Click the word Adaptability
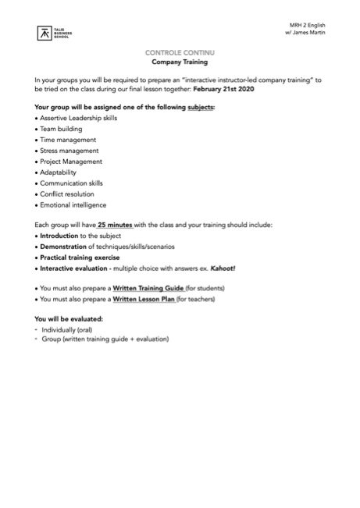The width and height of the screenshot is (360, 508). coord(59,172)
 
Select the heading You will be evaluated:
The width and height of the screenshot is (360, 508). coord(70,319)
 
